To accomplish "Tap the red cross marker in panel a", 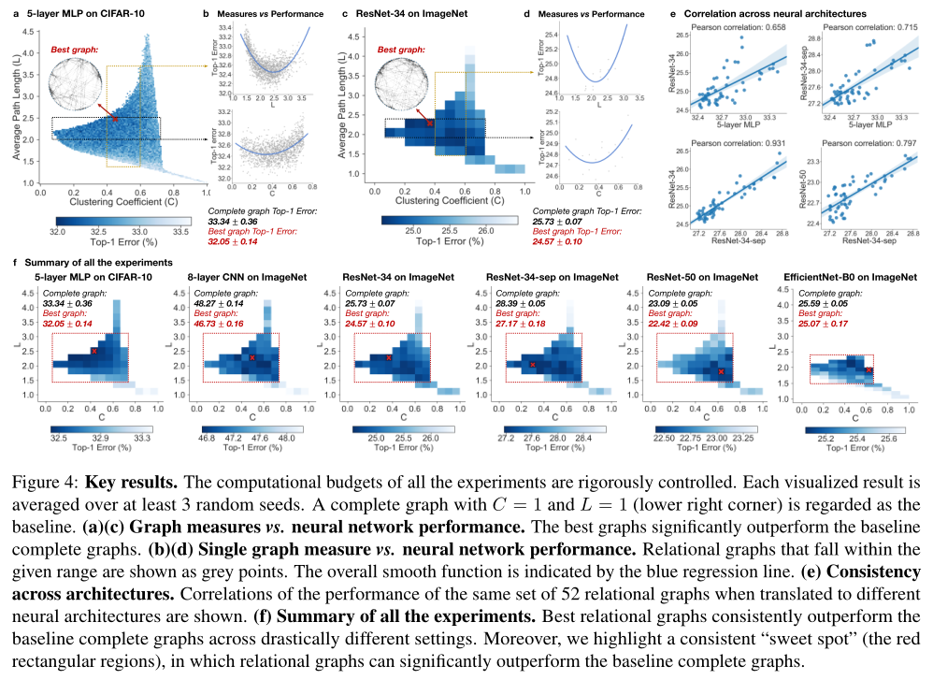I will click(115, 119).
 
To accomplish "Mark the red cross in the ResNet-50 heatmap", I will click(722, 372).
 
